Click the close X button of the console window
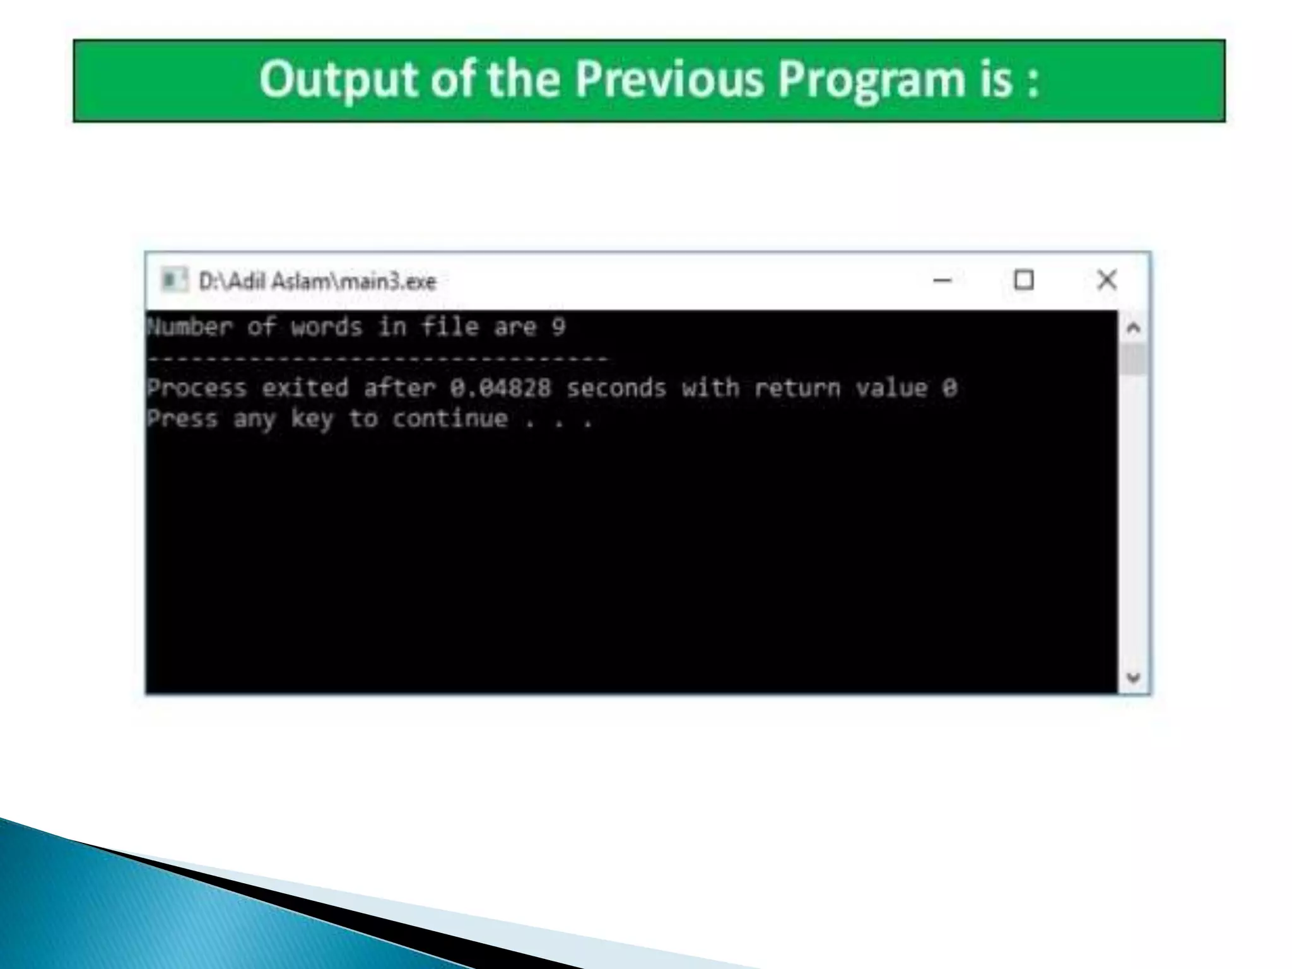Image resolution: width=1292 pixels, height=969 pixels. [1107, 279]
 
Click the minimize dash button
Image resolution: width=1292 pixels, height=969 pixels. [943, 280]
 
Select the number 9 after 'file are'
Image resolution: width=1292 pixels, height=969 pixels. [558, 327]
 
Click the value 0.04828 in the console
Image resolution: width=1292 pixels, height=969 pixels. [500, 387]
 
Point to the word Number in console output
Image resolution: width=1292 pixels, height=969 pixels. [190, 327]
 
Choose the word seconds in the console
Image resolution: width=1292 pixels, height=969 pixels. [616, 387]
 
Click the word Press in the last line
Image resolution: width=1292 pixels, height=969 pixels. [182, 418]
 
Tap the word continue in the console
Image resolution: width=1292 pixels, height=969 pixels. [450, 418]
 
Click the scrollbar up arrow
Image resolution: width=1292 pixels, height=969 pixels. [1134, 328]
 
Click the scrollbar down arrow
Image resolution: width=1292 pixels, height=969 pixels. [1134, 678]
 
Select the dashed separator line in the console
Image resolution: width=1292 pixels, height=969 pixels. [379, 358]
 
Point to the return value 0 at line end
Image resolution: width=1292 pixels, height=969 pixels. [950, 387]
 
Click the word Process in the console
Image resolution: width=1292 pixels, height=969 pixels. [197, 387]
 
